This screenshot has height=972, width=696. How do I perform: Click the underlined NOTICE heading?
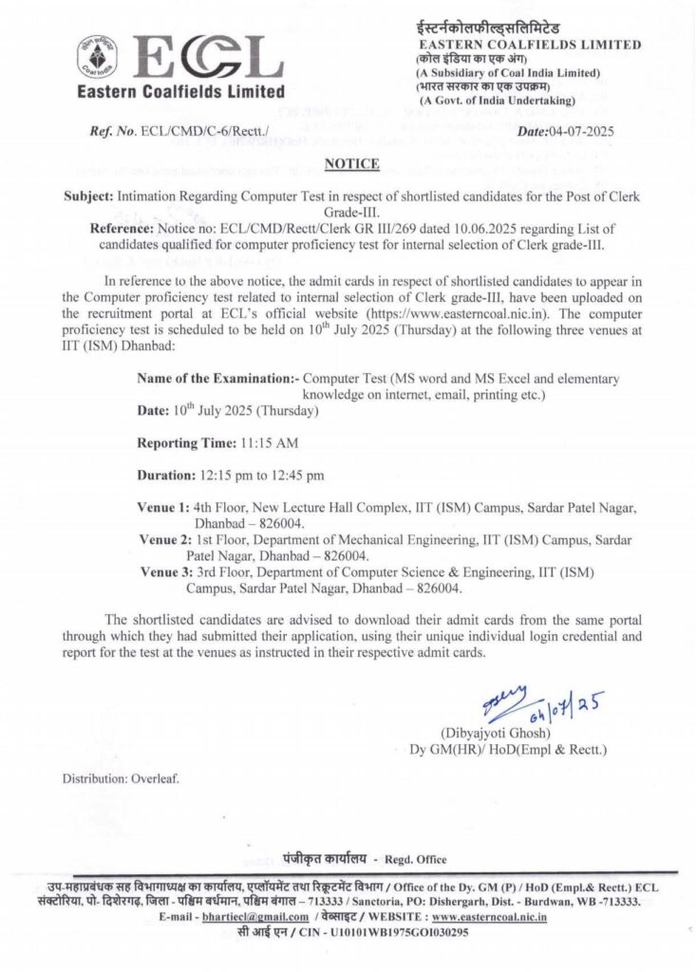tap(352, 164)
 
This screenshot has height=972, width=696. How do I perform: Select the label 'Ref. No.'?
tap(112, 132)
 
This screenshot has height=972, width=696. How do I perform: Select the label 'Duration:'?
tap(169, 475)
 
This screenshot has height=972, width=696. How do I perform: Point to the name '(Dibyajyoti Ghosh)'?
tap(494, 734)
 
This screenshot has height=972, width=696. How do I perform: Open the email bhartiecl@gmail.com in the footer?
tap(255, 917)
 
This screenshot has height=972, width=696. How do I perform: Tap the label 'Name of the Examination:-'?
tap(217, 378)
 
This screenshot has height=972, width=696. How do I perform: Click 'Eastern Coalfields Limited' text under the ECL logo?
tap(180, 92)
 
